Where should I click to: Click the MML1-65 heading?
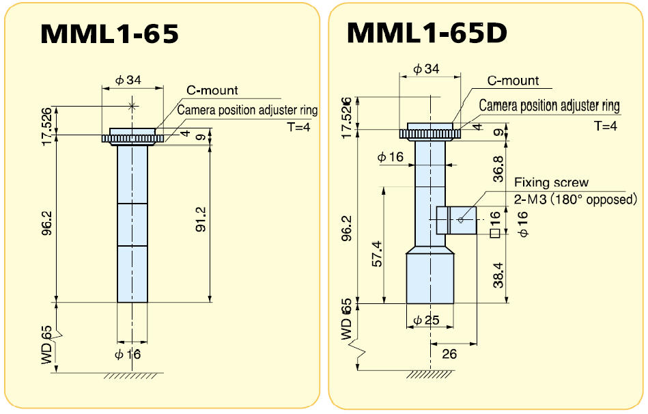tap(110, 33)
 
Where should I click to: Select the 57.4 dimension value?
tap(376, 253)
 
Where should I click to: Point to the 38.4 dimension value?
tap(498, 275)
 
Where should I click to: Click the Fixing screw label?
tap(551, 182)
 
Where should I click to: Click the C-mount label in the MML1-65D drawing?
tap(513, 81)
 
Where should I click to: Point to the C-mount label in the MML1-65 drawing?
tap(212, 90)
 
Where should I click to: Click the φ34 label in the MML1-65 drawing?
tap(128, 80)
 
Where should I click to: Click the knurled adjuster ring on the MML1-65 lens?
tap(133, 139)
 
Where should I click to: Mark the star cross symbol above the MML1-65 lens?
tap(133, 106)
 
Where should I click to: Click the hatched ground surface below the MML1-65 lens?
tap(133, 376)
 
